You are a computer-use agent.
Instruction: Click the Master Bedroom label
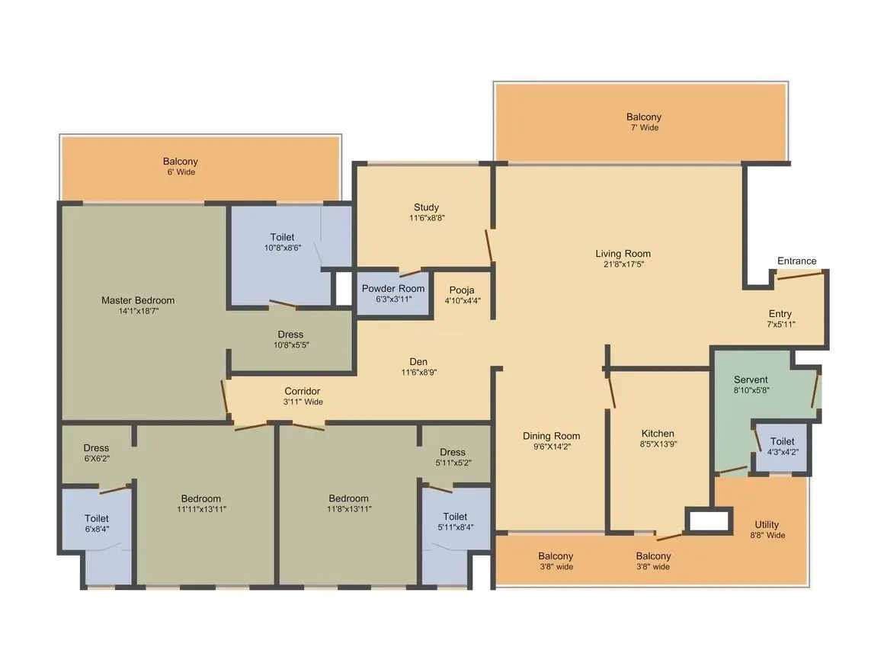(138, 300)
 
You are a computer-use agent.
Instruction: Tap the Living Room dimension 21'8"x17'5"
(623, 264)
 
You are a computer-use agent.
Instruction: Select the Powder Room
(392, 293)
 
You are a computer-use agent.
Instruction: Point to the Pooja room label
(462, 290)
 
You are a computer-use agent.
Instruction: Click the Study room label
(426, 207)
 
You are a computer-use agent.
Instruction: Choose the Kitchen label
(657, 434)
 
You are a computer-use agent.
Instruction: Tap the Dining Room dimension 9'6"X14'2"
(551, 447)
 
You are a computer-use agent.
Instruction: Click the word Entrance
(796, 261)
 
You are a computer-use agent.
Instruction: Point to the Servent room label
(751, 380)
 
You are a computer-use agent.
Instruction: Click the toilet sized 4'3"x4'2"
(782, 446)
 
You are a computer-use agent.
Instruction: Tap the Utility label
(767, 524)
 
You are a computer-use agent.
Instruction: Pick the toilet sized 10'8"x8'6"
(281, 242)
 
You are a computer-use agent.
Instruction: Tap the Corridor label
(303, 391)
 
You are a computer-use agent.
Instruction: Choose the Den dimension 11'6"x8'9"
(418, 373)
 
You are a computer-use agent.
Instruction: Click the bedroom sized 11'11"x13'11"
(200, 504)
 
